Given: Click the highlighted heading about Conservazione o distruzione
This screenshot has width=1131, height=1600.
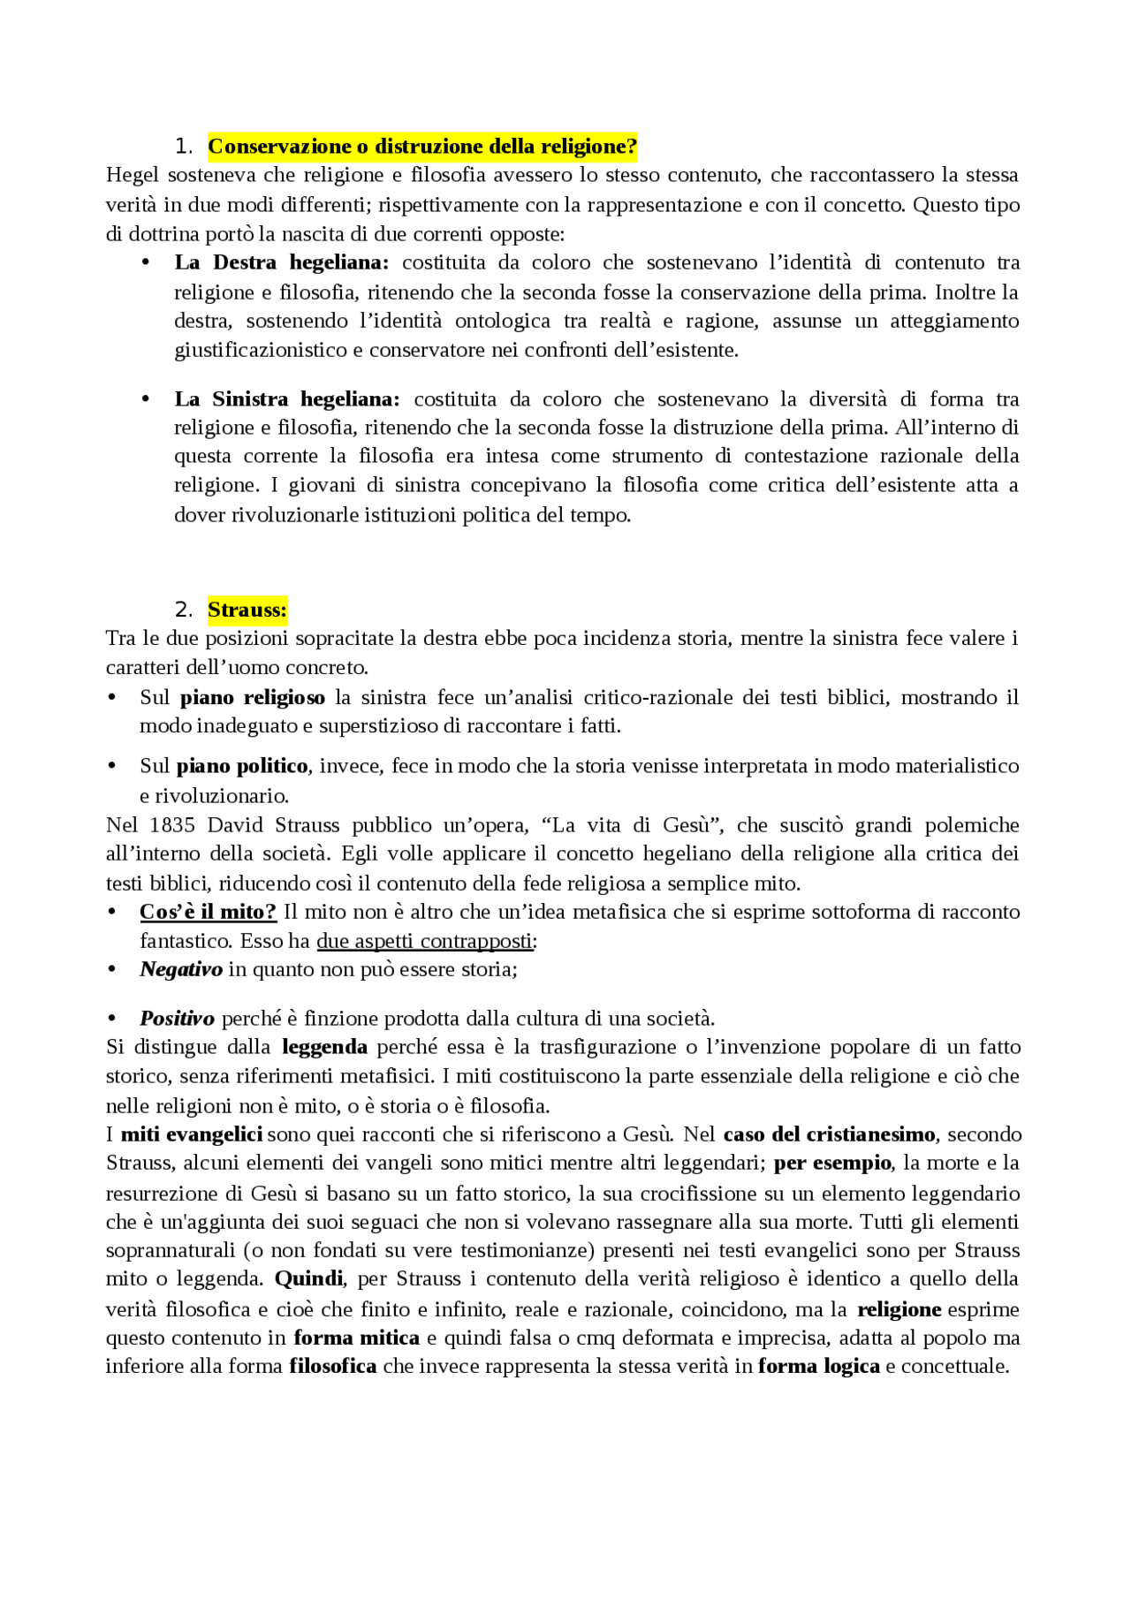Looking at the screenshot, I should (x=422, y=146).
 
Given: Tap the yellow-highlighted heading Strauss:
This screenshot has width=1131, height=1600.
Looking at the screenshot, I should (x=247, y=610).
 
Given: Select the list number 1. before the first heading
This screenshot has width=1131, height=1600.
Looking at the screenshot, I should (x=183, y=147).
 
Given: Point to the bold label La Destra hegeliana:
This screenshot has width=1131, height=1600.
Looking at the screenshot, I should (x=281, y=262).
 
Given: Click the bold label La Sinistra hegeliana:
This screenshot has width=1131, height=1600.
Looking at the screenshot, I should (x=286, y=399).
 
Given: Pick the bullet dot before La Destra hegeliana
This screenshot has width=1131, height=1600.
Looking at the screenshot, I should (x=146, y=262).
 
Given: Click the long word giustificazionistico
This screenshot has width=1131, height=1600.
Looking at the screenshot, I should (x=261, y=350).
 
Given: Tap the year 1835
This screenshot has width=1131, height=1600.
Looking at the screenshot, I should (x=172, y=825).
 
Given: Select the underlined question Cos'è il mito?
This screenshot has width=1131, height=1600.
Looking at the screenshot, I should (x=208, y=912).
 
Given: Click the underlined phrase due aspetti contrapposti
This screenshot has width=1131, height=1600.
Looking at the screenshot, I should (x=424, y=941).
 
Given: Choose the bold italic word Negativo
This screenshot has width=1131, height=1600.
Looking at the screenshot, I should (x=181, y=970).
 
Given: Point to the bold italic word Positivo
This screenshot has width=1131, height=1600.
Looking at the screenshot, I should (x=177, y=1019).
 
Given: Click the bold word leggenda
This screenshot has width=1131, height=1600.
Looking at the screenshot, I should (x=324, y=1047).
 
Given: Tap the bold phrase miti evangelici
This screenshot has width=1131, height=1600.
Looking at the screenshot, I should (x=191, y=1134).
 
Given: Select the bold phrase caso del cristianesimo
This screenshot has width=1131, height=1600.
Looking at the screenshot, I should (x=828, y=1134).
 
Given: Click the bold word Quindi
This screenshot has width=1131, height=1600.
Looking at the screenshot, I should (x=309, y=1279).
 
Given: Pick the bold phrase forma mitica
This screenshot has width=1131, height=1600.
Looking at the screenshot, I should (x=356, y=1338).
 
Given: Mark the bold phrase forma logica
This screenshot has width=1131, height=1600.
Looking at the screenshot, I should (x=818, y=1367).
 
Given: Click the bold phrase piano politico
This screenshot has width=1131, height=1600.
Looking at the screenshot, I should (x=242, y=766).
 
